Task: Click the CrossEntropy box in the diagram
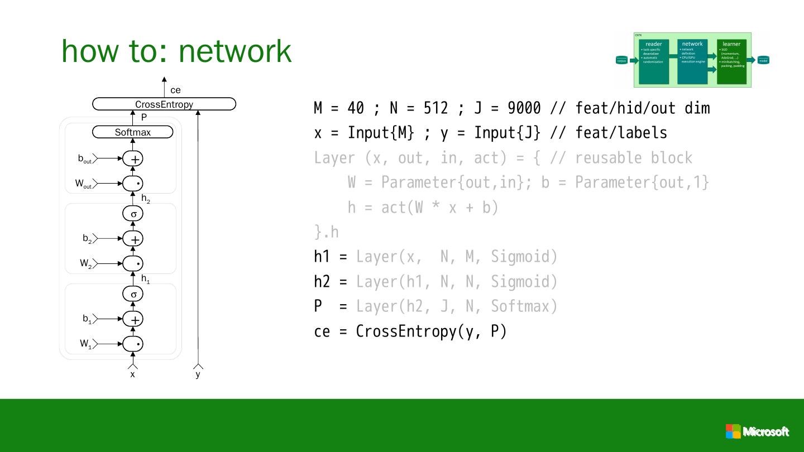(164, 104)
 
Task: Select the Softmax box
(133, 132)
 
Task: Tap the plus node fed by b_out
(133, 159)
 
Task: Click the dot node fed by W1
(133, 344)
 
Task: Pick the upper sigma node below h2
(133, 214)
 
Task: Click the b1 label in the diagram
(87, 319)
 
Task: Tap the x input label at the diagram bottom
(133, 374)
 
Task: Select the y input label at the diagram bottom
(198, 374)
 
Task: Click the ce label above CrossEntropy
(175, 90)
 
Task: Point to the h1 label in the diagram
(145, 279)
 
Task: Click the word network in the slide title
(235, 50)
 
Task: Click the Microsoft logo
(757, 431)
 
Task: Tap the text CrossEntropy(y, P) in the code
(431, 331)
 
